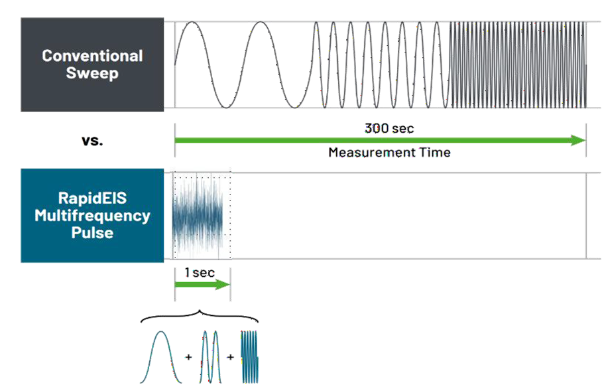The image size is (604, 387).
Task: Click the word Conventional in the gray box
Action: [92, 56]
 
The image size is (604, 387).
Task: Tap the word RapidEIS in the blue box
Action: [92, 198]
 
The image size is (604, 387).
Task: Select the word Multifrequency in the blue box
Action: [92, 216]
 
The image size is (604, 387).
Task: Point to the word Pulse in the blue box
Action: [92, 232]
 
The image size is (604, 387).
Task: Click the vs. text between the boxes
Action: [92, 141]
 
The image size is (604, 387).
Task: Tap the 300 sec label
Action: [389, 128]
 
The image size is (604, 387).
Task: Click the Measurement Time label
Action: [389, 153]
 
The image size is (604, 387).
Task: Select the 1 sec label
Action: [200, 273]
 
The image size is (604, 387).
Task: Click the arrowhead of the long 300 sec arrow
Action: [579, 140]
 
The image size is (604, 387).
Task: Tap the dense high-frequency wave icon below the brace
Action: [249, 357]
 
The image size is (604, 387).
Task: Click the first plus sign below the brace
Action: [188, 357]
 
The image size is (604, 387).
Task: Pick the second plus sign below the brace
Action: [231, 357]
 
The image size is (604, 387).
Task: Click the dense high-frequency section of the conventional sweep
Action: [517, 64]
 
